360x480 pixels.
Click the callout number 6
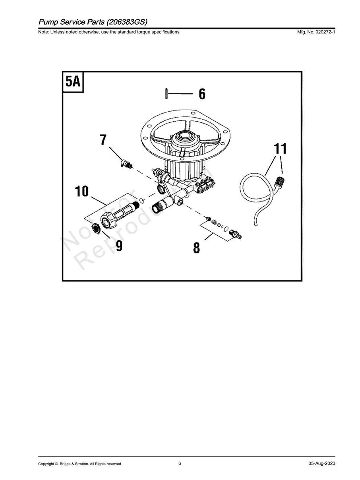coord(202,94)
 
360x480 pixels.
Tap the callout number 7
coord(103,140)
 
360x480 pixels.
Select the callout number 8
coord(196,248)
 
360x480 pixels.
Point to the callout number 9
coord(119,246)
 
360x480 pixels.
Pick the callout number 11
coord(280,149)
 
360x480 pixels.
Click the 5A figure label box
coord(73,82)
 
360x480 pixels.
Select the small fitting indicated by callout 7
coord(126,163)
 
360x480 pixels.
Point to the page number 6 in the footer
coord(180,463)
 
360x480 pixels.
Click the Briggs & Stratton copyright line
coord(79,464)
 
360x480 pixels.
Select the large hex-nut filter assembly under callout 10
coord(115,217)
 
